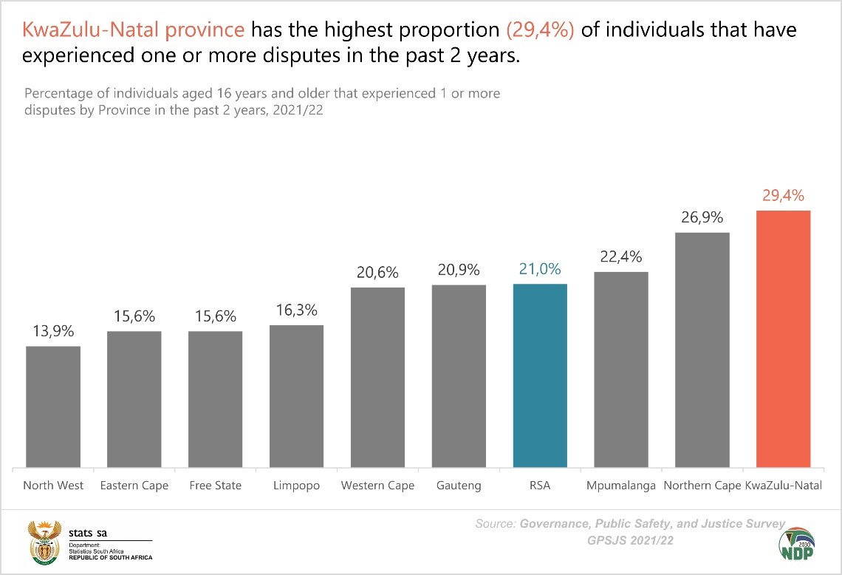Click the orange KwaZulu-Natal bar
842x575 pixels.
[x=784, y=339]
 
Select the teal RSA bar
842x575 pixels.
[x=540, y=376]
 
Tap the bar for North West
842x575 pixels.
[x=53, y=407]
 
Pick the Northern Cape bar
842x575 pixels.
[x=702, y=350]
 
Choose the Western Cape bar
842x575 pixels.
[x=377, y=378]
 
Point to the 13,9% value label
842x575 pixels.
[x=53, y=332]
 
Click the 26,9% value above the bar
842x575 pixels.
[x=702, y=218]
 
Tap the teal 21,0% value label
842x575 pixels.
[x=540, y=270]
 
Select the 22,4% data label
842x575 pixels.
[x=621, y=257]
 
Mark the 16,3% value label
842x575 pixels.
[x=297, y=310]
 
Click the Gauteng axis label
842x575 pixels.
[x=459, y=486]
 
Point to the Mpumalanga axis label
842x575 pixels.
[x=621, y=486]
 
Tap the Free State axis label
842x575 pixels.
[x=215, y=486]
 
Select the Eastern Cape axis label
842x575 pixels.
[x=134, y=486]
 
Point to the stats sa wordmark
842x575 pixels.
[x=87, y=533]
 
